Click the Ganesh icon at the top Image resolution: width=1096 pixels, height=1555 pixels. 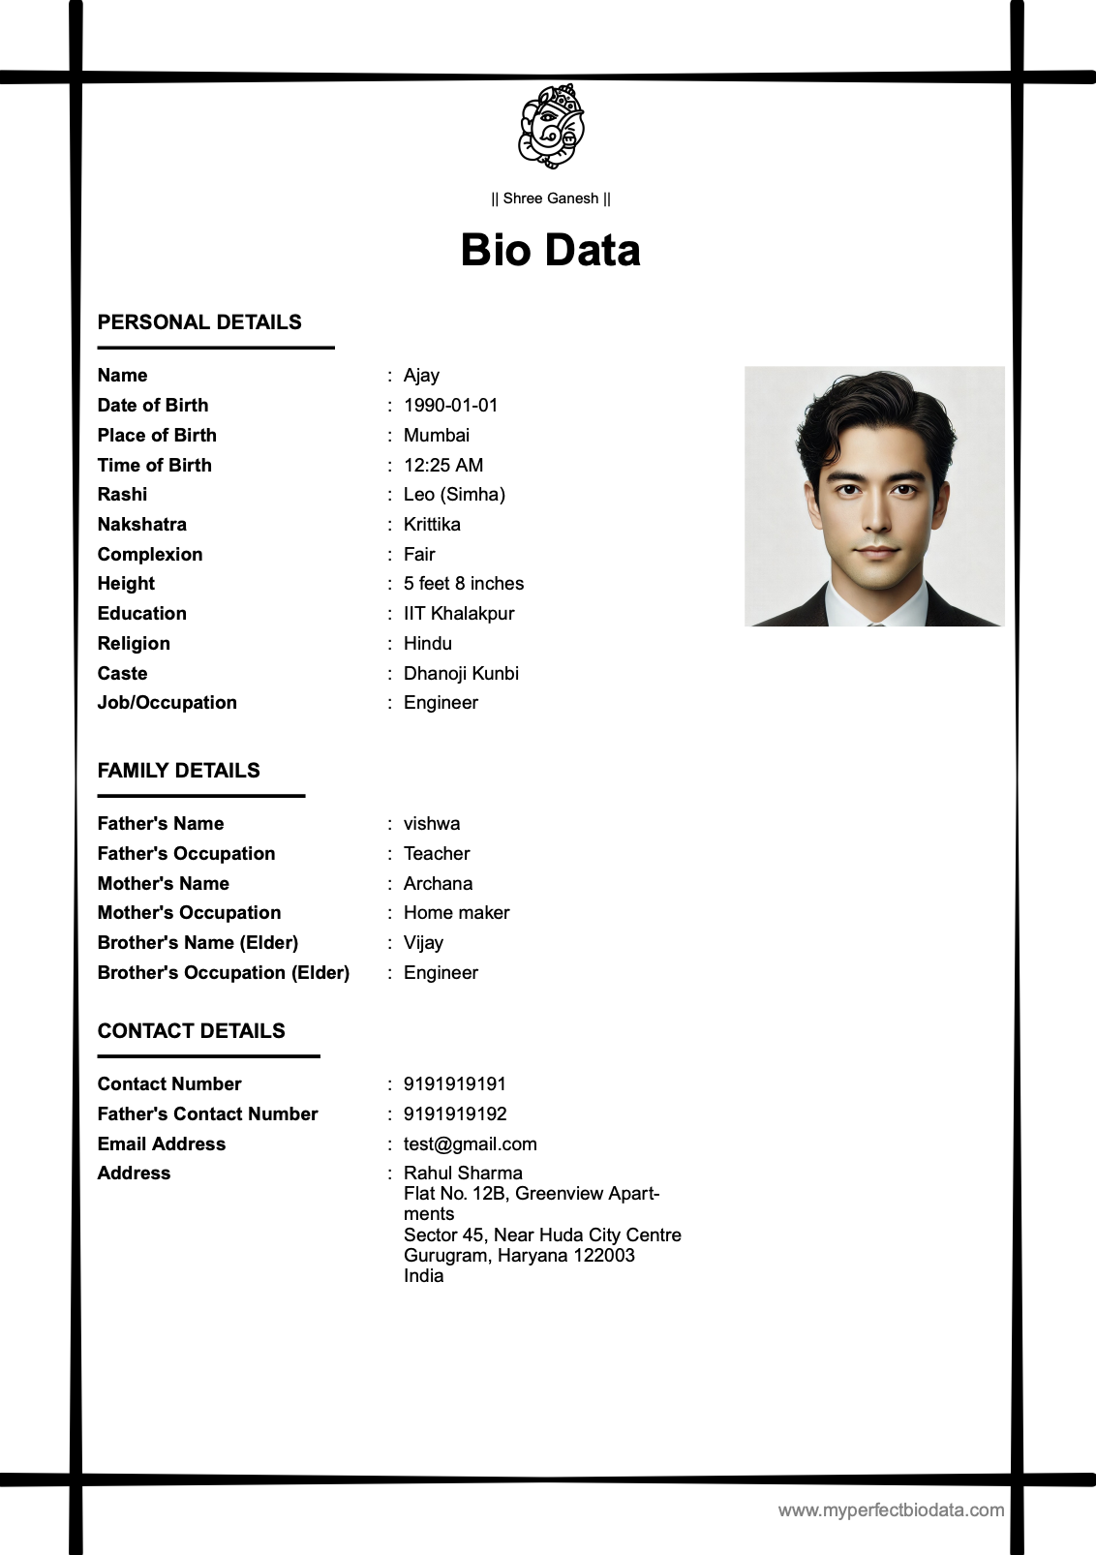[x=551, y=126]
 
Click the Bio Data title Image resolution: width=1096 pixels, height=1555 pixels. [x=550, y=250]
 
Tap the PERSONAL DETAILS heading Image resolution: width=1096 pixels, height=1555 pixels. [x=199, y=322]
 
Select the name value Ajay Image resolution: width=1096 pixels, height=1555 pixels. [x=421, y=376]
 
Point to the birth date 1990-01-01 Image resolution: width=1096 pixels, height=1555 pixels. [x=450, y=406]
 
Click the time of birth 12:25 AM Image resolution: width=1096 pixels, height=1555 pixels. [x=443, y=466]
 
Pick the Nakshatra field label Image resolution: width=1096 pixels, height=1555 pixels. [x=142, y=525]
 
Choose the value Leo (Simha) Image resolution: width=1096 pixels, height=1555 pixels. [x=454, y=495]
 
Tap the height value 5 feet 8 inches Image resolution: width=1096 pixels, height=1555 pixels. [x=463, y=584]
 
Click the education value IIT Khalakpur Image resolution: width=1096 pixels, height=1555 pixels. [x=458, y=614]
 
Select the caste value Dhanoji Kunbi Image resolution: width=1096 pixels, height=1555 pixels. [x=461, y=674]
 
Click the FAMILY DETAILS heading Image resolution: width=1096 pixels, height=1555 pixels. [x=179, y=771]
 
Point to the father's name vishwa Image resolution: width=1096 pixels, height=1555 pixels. [x=432, y=824]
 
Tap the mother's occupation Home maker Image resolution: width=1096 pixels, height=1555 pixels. [x=456, y=913]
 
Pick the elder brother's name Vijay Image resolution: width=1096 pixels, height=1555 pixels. [x=423, y=943]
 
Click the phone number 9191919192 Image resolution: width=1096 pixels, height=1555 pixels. [x=455, y=1114]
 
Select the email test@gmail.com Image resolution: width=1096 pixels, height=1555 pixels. [x=470, y=1144]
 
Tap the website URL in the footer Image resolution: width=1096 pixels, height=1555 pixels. [x=891, y=1510]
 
